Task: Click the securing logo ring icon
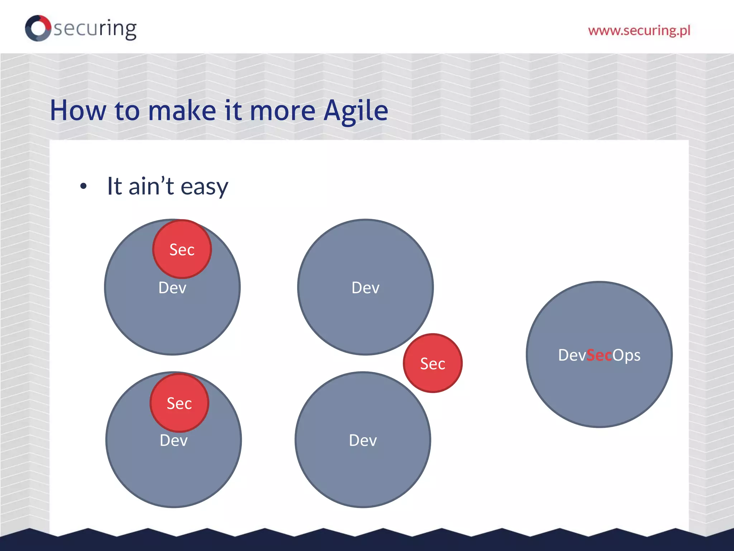coord(38,28)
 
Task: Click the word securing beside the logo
coord(95,29)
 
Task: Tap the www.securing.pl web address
coord(639,30)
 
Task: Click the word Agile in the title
coord(356,110)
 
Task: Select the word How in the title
coord(78,110)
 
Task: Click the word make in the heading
coord(182,110)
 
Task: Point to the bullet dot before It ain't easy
coord(84,186)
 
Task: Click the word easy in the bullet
coord(204,187)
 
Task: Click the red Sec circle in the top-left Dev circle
coord(182,249)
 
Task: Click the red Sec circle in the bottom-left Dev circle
coord(179,403)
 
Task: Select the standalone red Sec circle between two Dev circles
coord(433,363)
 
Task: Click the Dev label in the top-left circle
coord(172,288)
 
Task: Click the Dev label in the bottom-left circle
coord(173,441)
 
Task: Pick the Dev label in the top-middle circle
coord(365,288)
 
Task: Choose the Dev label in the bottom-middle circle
coord(363,441)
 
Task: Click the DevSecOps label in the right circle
coord(599,355)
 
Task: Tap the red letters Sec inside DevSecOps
coord(599,355)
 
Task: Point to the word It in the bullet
coord(114,186)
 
